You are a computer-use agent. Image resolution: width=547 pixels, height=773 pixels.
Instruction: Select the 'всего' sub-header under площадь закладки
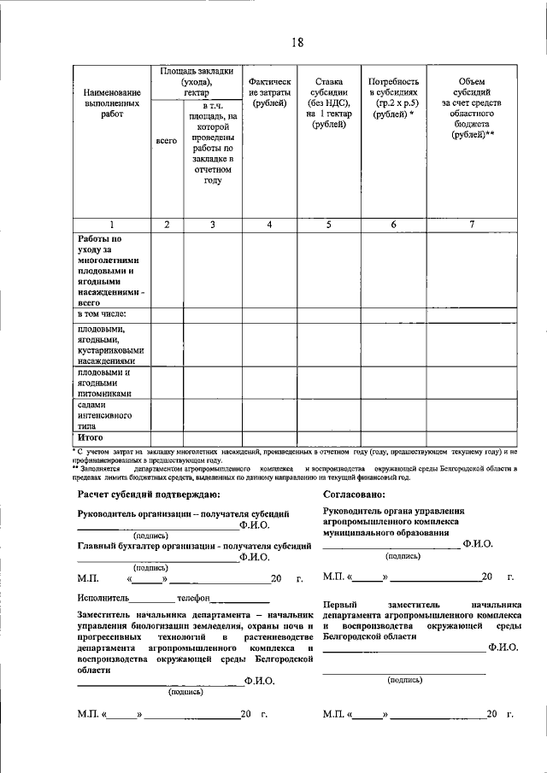166,139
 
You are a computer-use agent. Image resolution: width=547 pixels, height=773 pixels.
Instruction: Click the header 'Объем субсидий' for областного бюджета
473,108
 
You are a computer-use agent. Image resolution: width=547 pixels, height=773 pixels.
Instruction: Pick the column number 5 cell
329,225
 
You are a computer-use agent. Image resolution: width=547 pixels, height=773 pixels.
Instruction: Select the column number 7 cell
473,225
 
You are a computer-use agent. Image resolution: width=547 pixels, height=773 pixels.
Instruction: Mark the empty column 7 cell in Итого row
473,437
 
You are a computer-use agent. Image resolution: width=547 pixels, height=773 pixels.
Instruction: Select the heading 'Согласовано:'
354,495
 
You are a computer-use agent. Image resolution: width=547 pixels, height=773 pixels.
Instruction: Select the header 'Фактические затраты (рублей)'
269,91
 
